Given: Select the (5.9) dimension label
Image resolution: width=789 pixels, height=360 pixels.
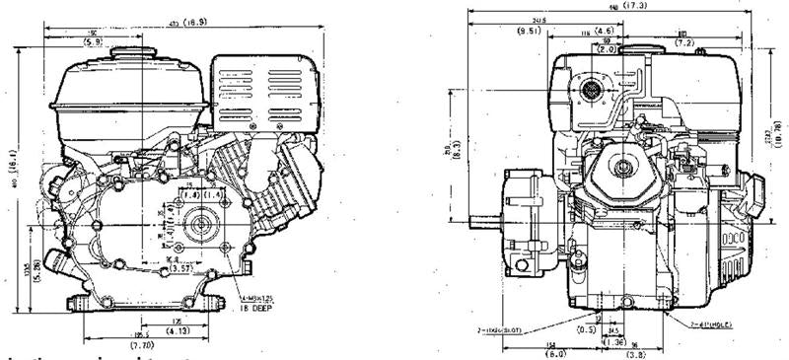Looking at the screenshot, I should pos(93,42).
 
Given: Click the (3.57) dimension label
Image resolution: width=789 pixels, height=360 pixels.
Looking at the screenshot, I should pos(155,267).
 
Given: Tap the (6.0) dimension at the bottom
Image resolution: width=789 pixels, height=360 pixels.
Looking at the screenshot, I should pos(529,350).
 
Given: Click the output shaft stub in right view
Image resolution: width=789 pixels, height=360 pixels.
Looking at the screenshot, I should pos(485,219).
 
